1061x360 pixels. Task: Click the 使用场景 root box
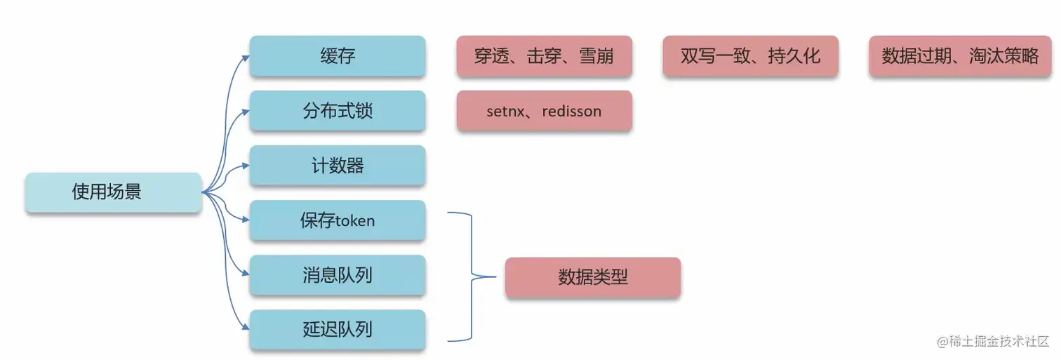coord(113,192)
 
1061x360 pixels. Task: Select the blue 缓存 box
coord(338,56)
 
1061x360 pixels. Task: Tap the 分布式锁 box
coord(338,111)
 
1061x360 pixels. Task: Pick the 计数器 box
coord(338,166)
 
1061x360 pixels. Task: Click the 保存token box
coord(338,220)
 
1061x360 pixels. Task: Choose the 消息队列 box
coord(338,275)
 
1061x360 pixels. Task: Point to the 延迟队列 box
coord(338,330)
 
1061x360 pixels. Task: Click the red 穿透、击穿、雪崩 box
coord(544,56)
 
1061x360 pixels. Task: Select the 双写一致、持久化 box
coord(750,56)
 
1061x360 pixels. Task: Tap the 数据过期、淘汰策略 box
coord(959,56)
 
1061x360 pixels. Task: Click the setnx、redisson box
coord(544,111)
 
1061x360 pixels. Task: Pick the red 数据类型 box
coord(593,277)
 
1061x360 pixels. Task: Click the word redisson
coord(572,111)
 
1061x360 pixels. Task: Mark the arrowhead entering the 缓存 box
coord(246,57)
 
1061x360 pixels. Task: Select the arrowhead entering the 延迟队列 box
coord(246,328)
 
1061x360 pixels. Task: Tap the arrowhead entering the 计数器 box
coord(246,166)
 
